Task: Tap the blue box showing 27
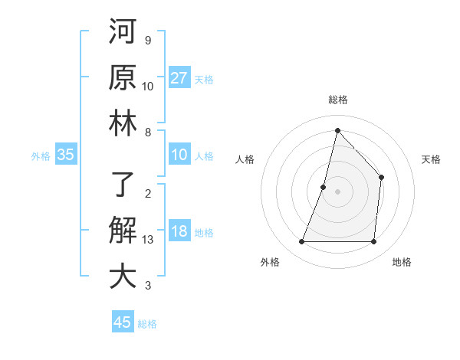click(179, 78)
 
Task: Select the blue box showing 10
click(179, 155)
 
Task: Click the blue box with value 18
click(179, 232)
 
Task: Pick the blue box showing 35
click(65, 155)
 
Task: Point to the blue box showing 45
click(123, 322)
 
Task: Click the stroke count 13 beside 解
click(148, 241)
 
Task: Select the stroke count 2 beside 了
click(147, 193)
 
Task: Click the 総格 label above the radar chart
click(337, 100)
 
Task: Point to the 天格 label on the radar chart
click(431, 159)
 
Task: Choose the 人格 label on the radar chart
click(245, 159)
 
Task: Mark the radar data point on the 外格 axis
click(301, 242)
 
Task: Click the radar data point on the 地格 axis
click(373, 242)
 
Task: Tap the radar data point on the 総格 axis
click(337, 130)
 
